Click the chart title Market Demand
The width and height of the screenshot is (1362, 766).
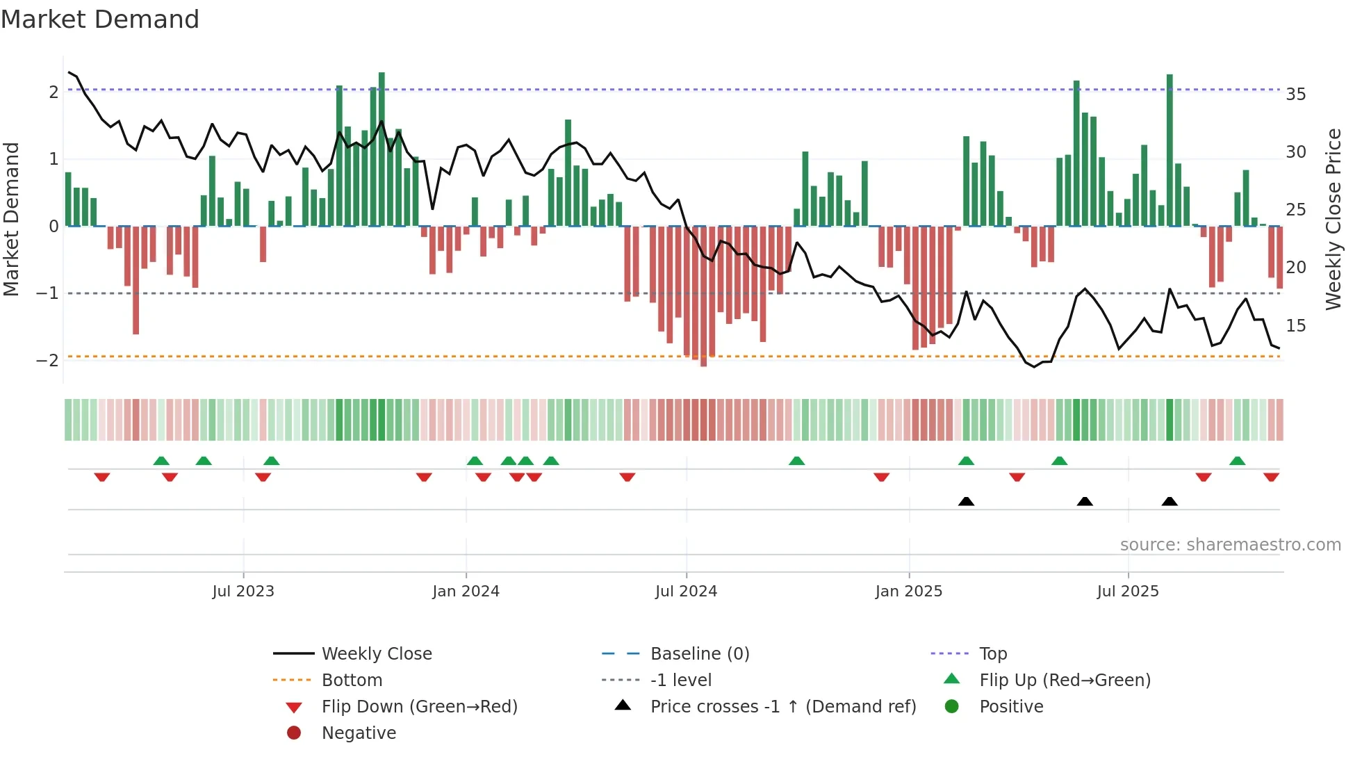pyautogui.click(x=100, y=19)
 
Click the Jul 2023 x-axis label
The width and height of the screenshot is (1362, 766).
pyautogui.click(x=243, y=592)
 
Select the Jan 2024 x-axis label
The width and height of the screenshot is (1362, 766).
pyautogui.click(x=466, y=592)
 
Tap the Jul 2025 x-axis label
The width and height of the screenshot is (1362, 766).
pyautogui.click(x=1128, y=592)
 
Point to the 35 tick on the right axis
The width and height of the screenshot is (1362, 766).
pyautogui.click(x=1295, y=94)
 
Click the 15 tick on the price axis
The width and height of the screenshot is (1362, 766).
pyautogui.click(x=1295, y=325)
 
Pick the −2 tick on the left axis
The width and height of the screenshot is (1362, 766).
pyautogui.click(x=47, y=360)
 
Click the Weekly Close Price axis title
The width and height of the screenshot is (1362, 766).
pyautogui.click(x=1333, y=219)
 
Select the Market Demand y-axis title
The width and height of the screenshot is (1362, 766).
pyautogui.click(x=12, y=219)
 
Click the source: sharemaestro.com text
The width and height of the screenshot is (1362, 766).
pyautogui.click(x=1230, y=545)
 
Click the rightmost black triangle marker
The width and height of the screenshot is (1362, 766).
pyautogui.click(x=1170, y=502)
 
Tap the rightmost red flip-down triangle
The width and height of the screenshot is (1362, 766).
pyautogui.click(x=1271, y=477)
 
